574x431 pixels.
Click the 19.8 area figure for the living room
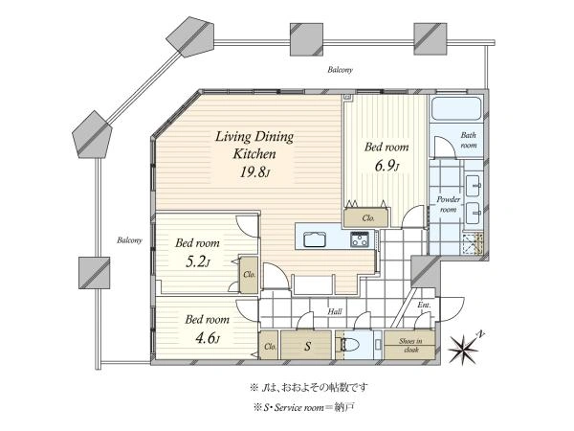coord(254,171)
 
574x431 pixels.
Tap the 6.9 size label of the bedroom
coord(386,166)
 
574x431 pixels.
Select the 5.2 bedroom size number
coord(198,261)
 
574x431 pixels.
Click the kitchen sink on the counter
coord(315,239)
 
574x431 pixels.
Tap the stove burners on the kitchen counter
coord(359,239)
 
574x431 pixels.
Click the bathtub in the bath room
coord(455,108)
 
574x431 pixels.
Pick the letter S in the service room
coord(308,346)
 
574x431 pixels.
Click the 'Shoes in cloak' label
coord(410,345)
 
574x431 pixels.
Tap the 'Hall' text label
coord(335,311)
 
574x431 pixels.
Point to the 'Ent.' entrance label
coord(424,305)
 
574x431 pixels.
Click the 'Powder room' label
coord(448,205)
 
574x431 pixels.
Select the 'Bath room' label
coord(468,140)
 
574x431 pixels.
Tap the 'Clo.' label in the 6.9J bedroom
coord(368,218)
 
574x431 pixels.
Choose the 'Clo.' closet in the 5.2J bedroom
coord(250,274)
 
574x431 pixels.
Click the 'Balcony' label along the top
coord(340,69)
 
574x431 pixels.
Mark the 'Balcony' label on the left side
coord(129,240)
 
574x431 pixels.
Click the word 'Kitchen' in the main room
coord(254,154)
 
